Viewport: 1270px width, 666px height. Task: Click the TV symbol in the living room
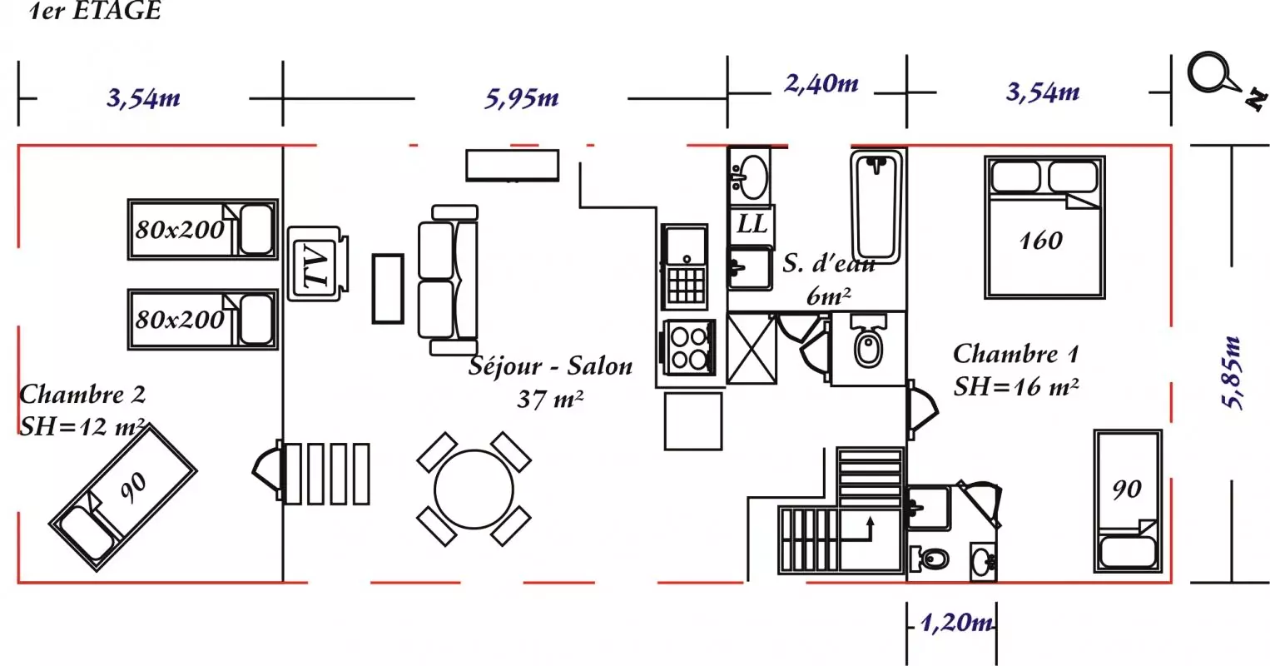click(x=317, y=264)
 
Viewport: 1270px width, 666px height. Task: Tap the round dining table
click(x=474, y=490)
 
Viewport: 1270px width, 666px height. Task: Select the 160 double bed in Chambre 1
click(x=1045, y=227)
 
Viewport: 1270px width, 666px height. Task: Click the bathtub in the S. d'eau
click(x=876, y=206)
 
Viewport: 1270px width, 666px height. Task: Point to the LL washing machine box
click(x=752, y=225)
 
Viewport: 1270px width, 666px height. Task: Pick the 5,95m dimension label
click(x=522, y=98)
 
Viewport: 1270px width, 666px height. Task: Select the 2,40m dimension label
click(x=821, y=84)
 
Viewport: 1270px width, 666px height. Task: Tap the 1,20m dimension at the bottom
click(x=957, y=623)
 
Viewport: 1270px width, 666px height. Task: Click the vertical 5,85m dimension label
click(x=1232, y=373)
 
